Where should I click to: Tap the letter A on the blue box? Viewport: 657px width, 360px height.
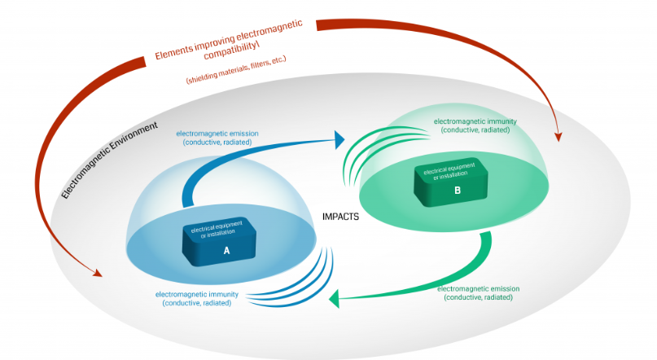[226, 251]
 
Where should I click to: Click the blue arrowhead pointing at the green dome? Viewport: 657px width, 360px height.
[338, 140]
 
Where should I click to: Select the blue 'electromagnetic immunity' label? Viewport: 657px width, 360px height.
[195, 298]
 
